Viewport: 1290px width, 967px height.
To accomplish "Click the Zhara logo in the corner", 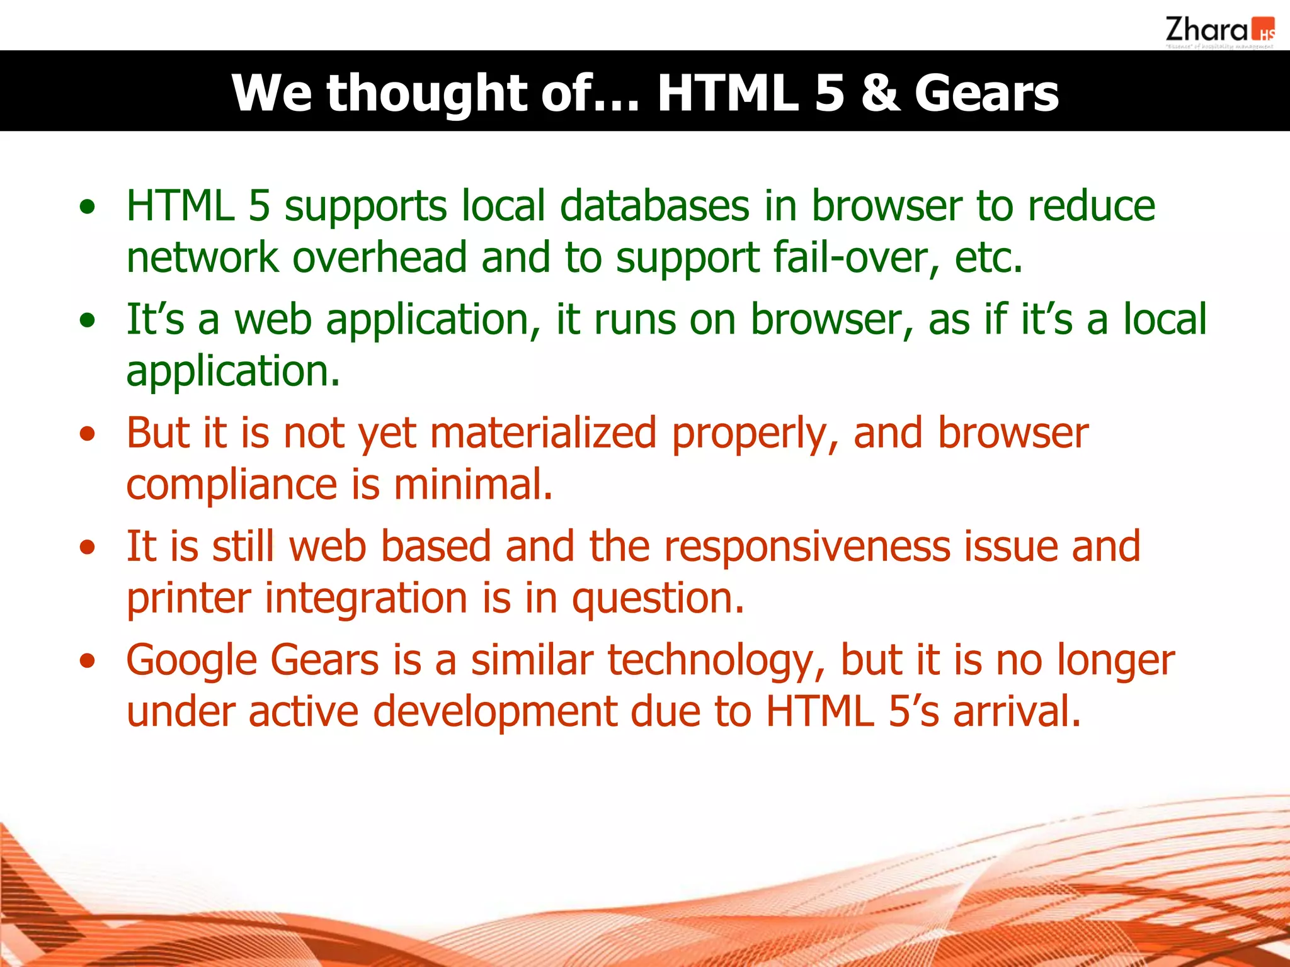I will click(x=1219, y=31).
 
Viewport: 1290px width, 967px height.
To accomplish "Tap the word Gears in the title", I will click(x=986, y=93).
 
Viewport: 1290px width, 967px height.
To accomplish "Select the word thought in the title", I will click(x=426, y=93).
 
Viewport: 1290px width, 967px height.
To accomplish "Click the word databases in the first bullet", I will click(x=654, y=206).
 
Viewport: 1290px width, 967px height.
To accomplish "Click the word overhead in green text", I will click(x=379, y=257).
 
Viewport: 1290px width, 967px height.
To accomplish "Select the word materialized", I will click(x=544, y=433).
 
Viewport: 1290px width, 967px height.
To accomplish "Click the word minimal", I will click(x=473, y=485).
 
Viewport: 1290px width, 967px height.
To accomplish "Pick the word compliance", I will click(x=231, y=485).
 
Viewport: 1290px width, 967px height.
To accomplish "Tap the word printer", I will click(x=188, y=598).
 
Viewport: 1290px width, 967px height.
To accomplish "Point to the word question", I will click(x=658, y=598).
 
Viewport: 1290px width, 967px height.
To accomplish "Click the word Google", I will click(x=191, y=660).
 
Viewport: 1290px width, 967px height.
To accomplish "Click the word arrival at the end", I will click(x=1016, y=711).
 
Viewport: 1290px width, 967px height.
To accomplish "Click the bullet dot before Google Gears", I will click(x=88, y=661).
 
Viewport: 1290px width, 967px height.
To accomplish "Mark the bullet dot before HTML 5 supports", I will click(x=88, y=206).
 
